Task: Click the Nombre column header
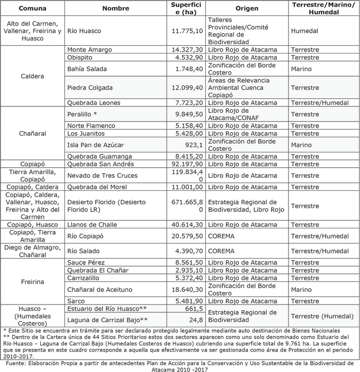click(x=115, y=9)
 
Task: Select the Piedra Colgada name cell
click(x=90, y=87)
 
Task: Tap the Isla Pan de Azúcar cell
click(x=96, y=145)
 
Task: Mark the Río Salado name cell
click(x=82, y=251)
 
